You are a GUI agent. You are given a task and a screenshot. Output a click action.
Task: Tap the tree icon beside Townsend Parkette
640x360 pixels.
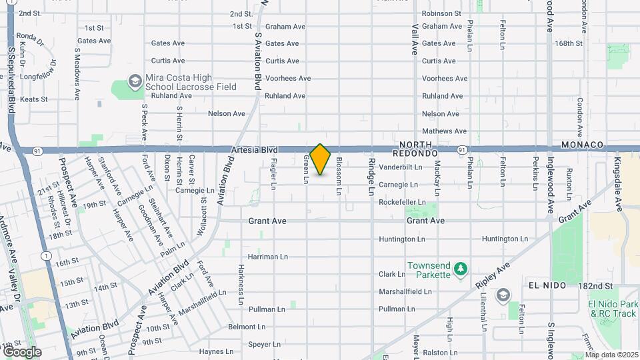point(460,269)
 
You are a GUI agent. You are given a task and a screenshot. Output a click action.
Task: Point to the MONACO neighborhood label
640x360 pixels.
point(582,145)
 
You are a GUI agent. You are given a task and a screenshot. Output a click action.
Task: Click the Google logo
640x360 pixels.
point(22,351)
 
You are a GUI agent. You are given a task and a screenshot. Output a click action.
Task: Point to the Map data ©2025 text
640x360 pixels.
point(611,355)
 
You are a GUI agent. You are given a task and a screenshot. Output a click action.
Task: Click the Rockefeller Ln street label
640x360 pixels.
point(402,202)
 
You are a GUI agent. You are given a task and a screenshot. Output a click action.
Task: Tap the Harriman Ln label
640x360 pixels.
point(267,257)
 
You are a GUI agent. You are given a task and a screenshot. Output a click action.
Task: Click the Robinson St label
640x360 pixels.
point(441,13)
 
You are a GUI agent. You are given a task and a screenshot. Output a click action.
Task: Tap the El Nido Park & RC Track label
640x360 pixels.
point(613,309)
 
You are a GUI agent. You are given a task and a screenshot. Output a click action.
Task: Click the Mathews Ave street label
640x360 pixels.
point(445,131)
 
